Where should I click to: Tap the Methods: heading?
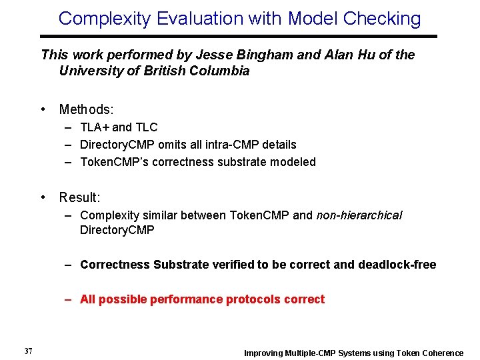point(86,109)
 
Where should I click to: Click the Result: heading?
point(79,197)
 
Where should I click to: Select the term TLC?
point(146,127)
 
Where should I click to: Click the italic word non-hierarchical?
point(359,215)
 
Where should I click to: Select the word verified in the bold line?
point(232,265)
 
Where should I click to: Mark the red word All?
point(88,299)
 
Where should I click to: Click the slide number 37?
point(28,351)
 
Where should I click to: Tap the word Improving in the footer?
point(263,353)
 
